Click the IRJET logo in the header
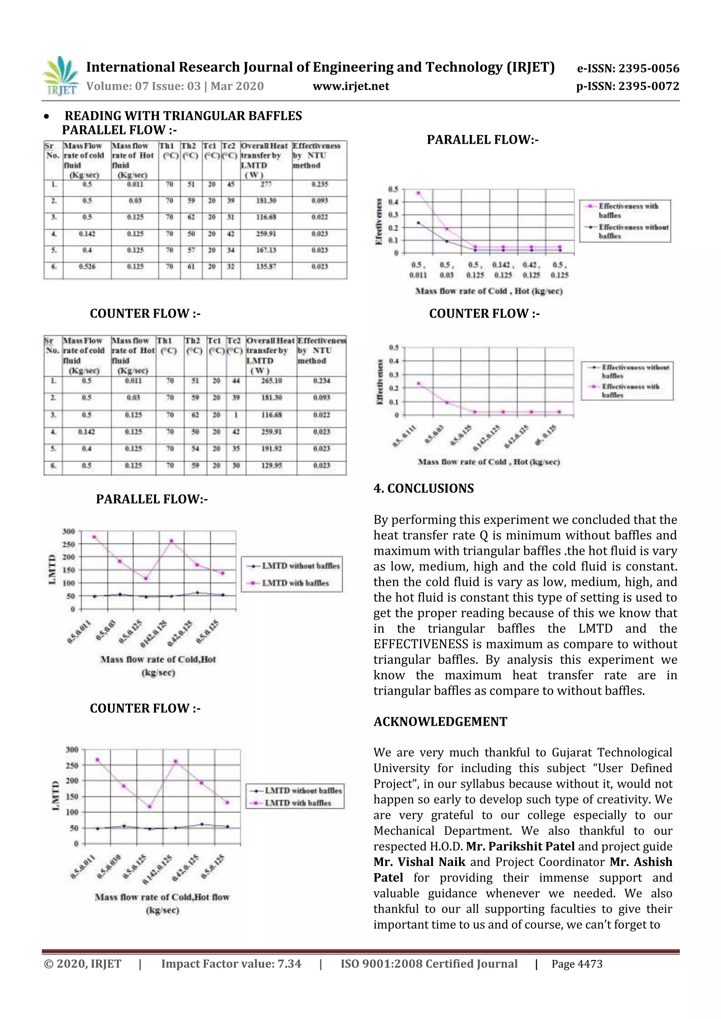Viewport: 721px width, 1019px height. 61,76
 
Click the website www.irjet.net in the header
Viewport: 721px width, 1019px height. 351,86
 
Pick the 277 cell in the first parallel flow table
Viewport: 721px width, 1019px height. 266,184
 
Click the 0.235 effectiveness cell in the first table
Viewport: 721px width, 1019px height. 319,184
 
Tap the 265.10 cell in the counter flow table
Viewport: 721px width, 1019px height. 271,381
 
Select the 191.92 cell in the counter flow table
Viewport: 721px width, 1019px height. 271,449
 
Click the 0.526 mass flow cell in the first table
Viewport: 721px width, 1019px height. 87,267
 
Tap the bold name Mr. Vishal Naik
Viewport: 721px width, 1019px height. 419,862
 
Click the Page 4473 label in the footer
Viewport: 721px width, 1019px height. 577,964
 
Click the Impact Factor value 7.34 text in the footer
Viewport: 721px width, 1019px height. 231,964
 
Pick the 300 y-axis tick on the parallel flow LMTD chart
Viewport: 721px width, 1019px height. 68,531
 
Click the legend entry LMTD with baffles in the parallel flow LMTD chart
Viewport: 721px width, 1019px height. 295,583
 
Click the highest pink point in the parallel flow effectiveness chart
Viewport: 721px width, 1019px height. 418,193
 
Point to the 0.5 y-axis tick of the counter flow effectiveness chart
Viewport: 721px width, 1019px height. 394,347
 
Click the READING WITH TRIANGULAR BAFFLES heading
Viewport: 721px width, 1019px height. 183,116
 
